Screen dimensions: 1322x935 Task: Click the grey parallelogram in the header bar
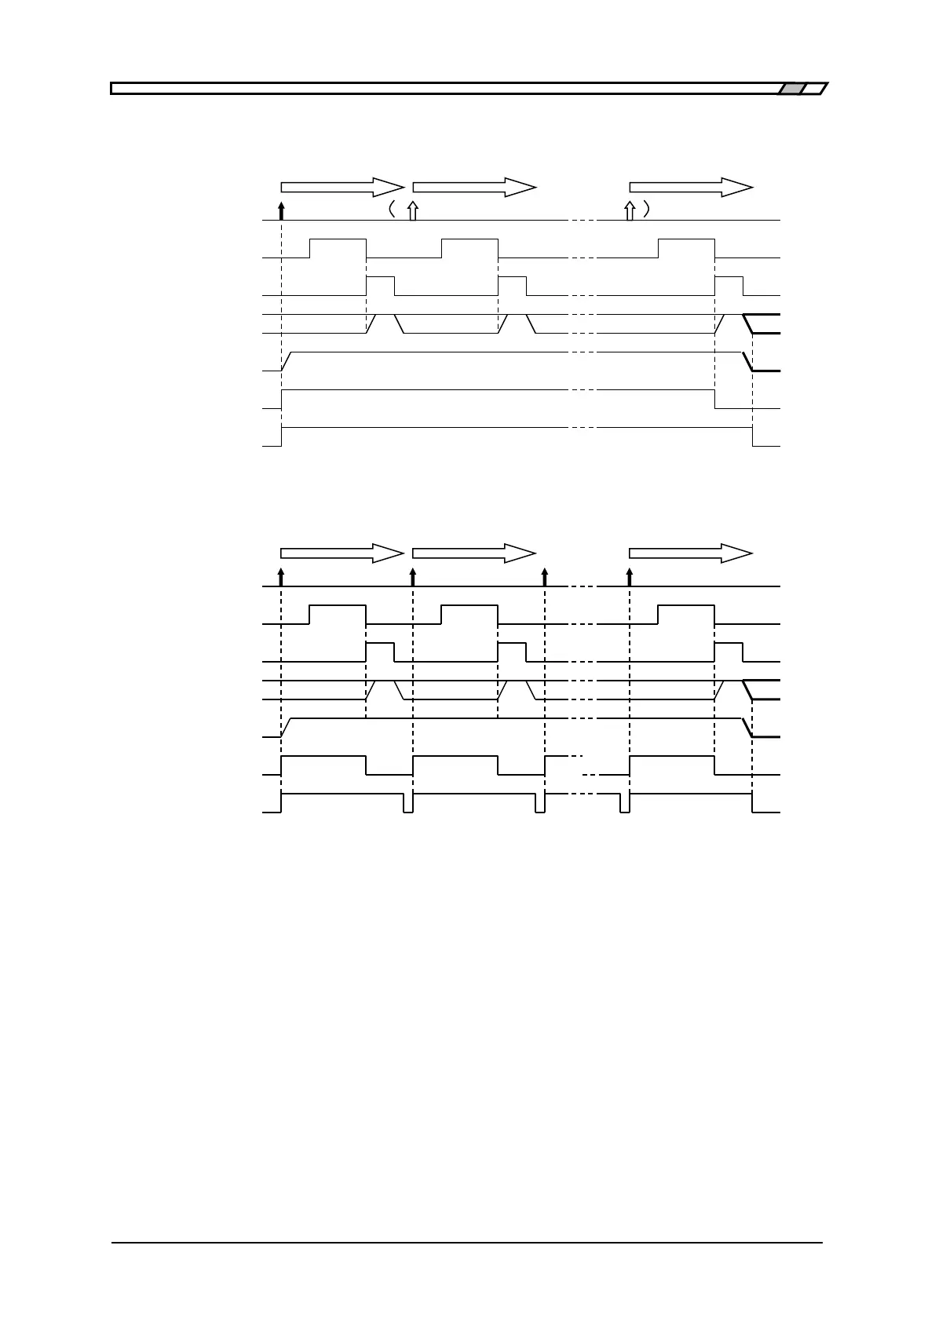point(791,89)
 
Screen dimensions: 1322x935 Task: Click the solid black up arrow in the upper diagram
point(281,210)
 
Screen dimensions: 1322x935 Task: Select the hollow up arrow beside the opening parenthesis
point(413,210)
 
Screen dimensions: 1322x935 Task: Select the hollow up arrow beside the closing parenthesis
point(629,210)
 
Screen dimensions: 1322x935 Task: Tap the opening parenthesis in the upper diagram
point(390,210)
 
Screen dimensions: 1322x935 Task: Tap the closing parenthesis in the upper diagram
point(645,210)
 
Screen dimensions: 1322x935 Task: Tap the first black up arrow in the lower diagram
point(281,577)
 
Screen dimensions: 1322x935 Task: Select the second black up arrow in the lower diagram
point(413,577)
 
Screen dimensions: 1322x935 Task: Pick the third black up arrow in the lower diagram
point(545,577)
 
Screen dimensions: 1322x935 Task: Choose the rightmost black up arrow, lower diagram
point(629,577)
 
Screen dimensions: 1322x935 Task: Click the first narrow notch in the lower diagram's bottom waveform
point(408,804)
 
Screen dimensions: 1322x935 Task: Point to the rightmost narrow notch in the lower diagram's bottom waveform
point(624,804)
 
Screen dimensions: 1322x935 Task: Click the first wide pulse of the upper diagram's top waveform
point(338,247)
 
